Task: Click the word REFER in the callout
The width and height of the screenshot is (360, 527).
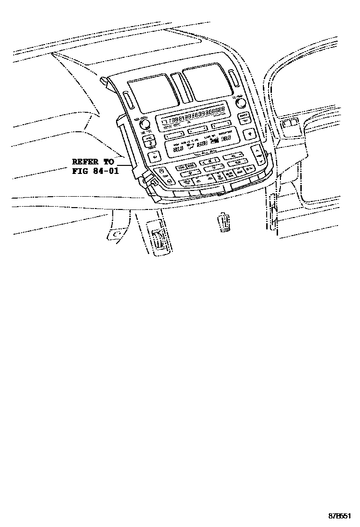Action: coord(86,161)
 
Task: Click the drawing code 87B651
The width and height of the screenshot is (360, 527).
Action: coord(341,515)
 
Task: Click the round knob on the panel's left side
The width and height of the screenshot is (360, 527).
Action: coord(145,124)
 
